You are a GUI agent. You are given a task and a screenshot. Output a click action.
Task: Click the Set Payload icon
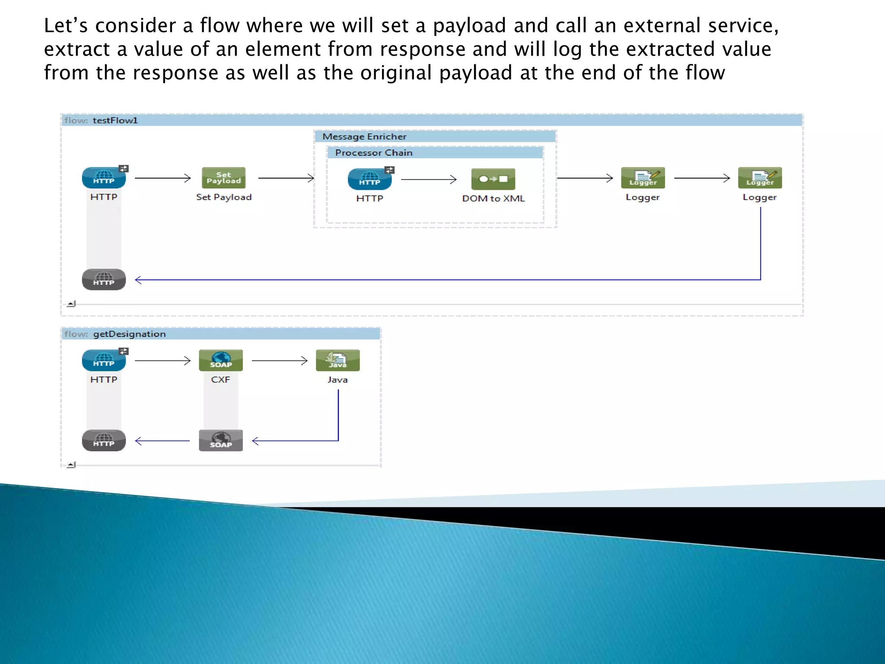pos(223,178)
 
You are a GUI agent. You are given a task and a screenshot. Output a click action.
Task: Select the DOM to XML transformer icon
pos(493,179)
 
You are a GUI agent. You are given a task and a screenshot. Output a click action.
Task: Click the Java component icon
pos(337,361)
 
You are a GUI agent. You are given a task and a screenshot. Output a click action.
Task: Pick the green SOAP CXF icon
pos(221,361)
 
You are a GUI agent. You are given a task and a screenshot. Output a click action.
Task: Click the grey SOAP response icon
pos(221,441)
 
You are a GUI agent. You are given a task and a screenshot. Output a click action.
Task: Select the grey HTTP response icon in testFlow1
pos(104,280)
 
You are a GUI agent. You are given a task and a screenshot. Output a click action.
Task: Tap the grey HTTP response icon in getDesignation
pos(104,441)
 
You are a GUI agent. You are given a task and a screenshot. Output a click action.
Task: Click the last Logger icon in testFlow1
pos(760,178)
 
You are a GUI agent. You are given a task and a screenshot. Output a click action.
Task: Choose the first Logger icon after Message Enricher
pos(643,178)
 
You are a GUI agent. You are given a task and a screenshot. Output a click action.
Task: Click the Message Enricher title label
pos(364,137)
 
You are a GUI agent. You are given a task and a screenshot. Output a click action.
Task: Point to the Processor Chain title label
pos(374,153)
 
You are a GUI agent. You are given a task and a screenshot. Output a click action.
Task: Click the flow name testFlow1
pos(115,120)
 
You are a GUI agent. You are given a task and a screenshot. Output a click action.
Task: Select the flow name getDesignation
pos(129,334)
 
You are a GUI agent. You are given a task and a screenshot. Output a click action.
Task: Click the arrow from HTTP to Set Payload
pos(163,178)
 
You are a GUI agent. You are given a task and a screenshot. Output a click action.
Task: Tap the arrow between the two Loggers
pos(702,178)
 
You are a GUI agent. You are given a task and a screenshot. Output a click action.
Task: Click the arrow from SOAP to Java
pos(280,361)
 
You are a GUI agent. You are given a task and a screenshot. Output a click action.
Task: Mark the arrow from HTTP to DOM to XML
pos(429,179)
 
